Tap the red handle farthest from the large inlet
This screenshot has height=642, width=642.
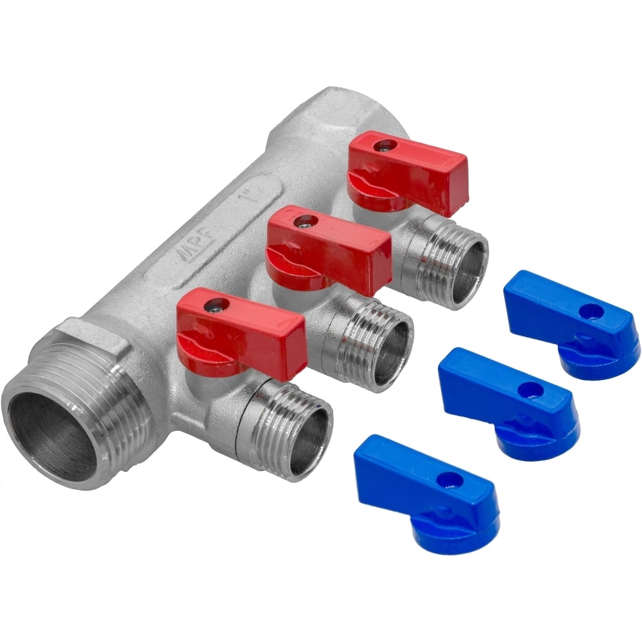(x=408, y=172)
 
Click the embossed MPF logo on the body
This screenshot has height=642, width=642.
(x=203, y=255)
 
